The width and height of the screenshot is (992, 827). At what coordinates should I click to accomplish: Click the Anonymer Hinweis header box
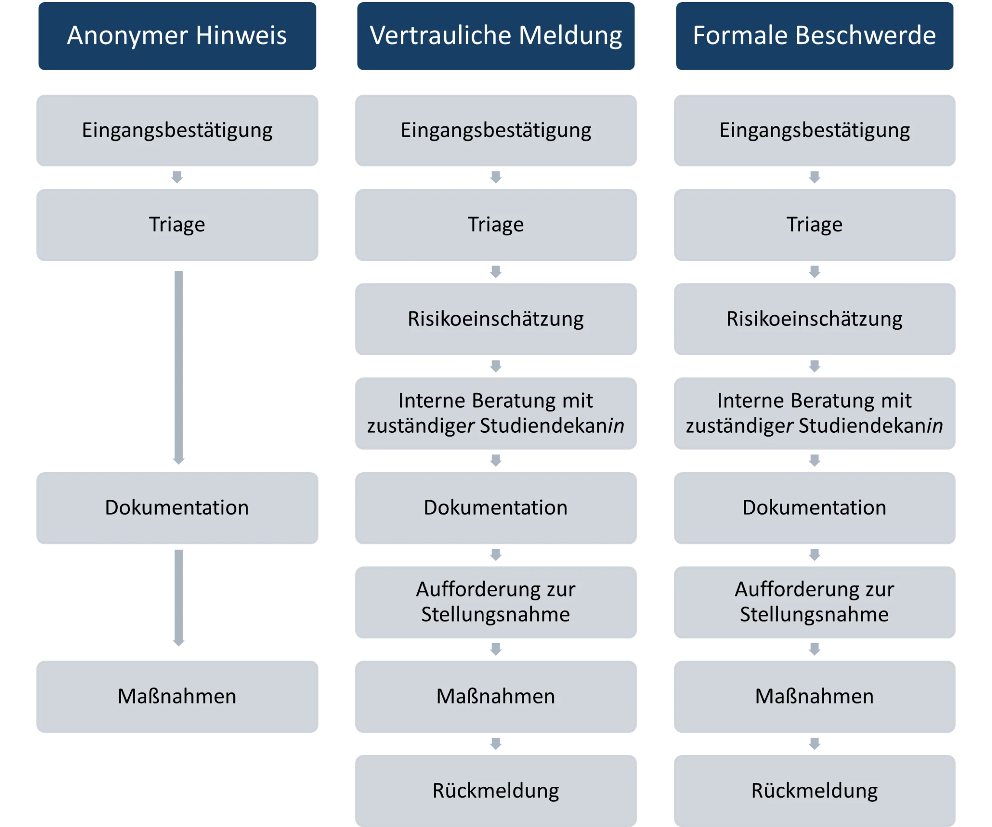pyautogui.click(x=177, y=36)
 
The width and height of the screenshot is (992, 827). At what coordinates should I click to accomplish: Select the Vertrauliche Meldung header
pyautogui.click(x=496, y=36)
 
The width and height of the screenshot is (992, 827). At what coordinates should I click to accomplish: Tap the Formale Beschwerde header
pyautogui.click(x=815, y=36)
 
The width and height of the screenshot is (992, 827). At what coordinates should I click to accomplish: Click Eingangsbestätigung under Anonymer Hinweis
pyautogui.click(x=177, y=130)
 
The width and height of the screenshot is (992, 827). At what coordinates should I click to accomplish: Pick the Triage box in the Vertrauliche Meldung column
pyautogui.click(x=496, y=225)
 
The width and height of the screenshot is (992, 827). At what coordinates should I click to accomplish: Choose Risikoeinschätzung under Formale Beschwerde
pyautogui.click(x=815, y=319)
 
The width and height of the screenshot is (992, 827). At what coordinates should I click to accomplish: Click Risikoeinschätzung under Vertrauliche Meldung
pyautogui.click(x=496, y=319)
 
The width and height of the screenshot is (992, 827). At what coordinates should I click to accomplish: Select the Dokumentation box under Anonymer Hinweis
pyautogui.click(x=177, y=508)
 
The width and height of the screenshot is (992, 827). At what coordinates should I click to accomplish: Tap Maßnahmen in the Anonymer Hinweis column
pyautogui.click(x=177, y=697)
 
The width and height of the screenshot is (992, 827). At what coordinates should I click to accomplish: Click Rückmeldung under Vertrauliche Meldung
pyautogui.click(x=496, y=791)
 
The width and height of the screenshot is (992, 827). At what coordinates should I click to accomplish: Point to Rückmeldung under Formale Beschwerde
pyautogui.click(x=815, y=791)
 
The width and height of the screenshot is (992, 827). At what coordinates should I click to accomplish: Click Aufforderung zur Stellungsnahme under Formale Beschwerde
pyautogui.click(x=815, y=602)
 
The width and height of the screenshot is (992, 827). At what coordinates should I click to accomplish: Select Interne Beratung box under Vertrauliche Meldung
pyautogui.click(x=496, y=413)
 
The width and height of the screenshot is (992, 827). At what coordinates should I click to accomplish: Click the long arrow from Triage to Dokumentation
pyautogui.click(x=179, y=367)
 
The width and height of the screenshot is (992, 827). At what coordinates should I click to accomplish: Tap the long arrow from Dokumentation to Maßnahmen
pyautogui.click(x=179, y=598)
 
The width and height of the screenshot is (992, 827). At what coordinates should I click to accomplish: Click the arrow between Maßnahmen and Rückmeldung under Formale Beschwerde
pyautogui.click(x=815, y=744)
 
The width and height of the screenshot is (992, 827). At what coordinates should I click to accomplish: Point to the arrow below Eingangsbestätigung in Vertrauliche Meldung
pyautogui.click(x=496, y=177)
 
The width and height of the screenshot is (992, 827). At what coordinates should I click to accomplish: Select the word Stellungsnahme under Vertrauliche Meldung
pyautogui.click(x=496, y=615)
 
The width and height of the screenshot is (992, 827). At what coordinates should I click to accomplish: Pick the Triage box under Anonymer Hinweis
pyautogui.click(x=177, y=225)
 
